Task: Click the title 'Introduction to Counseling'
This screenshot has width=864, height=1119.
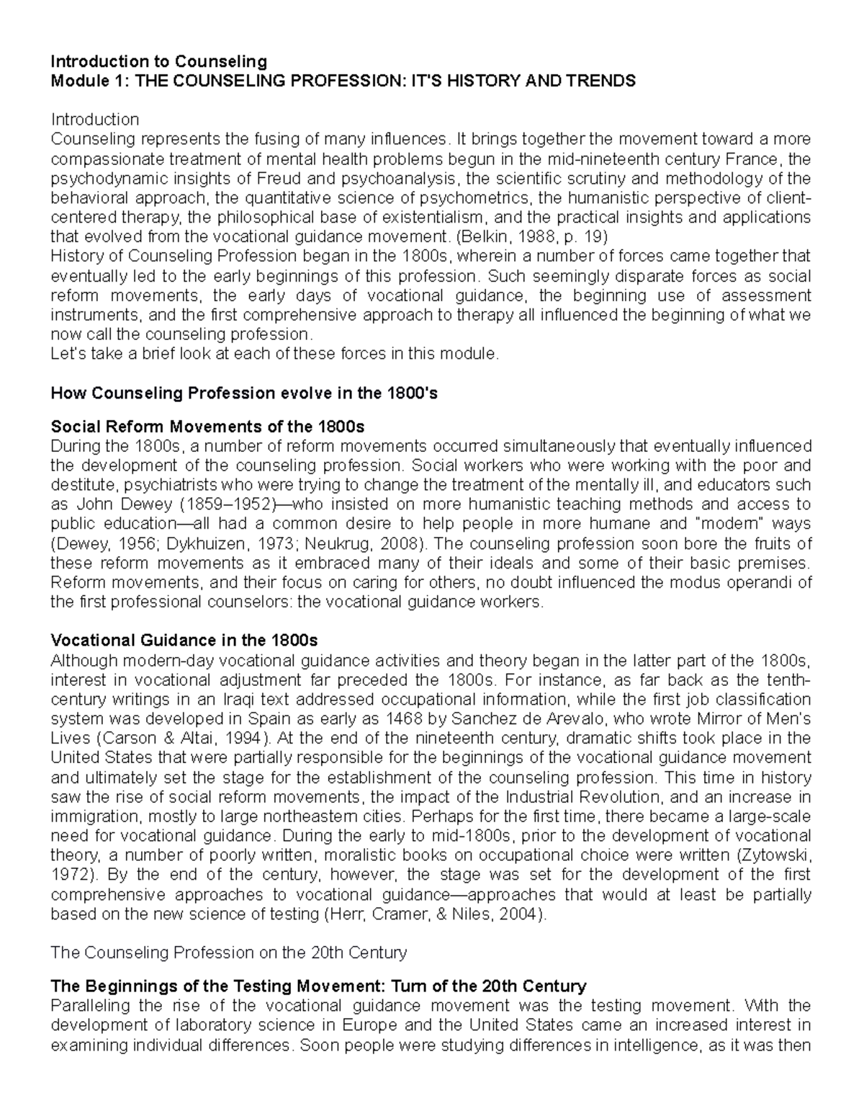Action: point(158,61)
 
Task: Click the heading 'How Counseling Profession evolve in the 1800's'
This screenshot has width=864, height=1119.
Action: point(244,393)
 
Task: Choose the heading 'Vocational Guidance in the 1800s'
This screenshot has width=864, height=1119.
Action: point(184,641)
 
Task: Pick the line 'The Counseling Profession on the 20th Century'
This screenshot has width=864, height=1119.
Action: point(228,953)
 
